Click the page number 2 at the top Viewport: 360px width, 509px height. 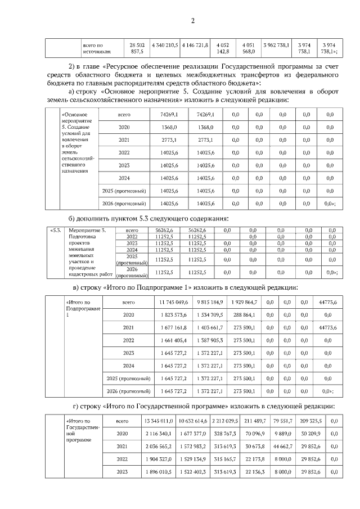pyautogui.click(x=192, y=21)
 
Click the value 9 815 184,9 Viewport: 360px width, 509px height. pyautogui.click(x=210, y=302)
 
